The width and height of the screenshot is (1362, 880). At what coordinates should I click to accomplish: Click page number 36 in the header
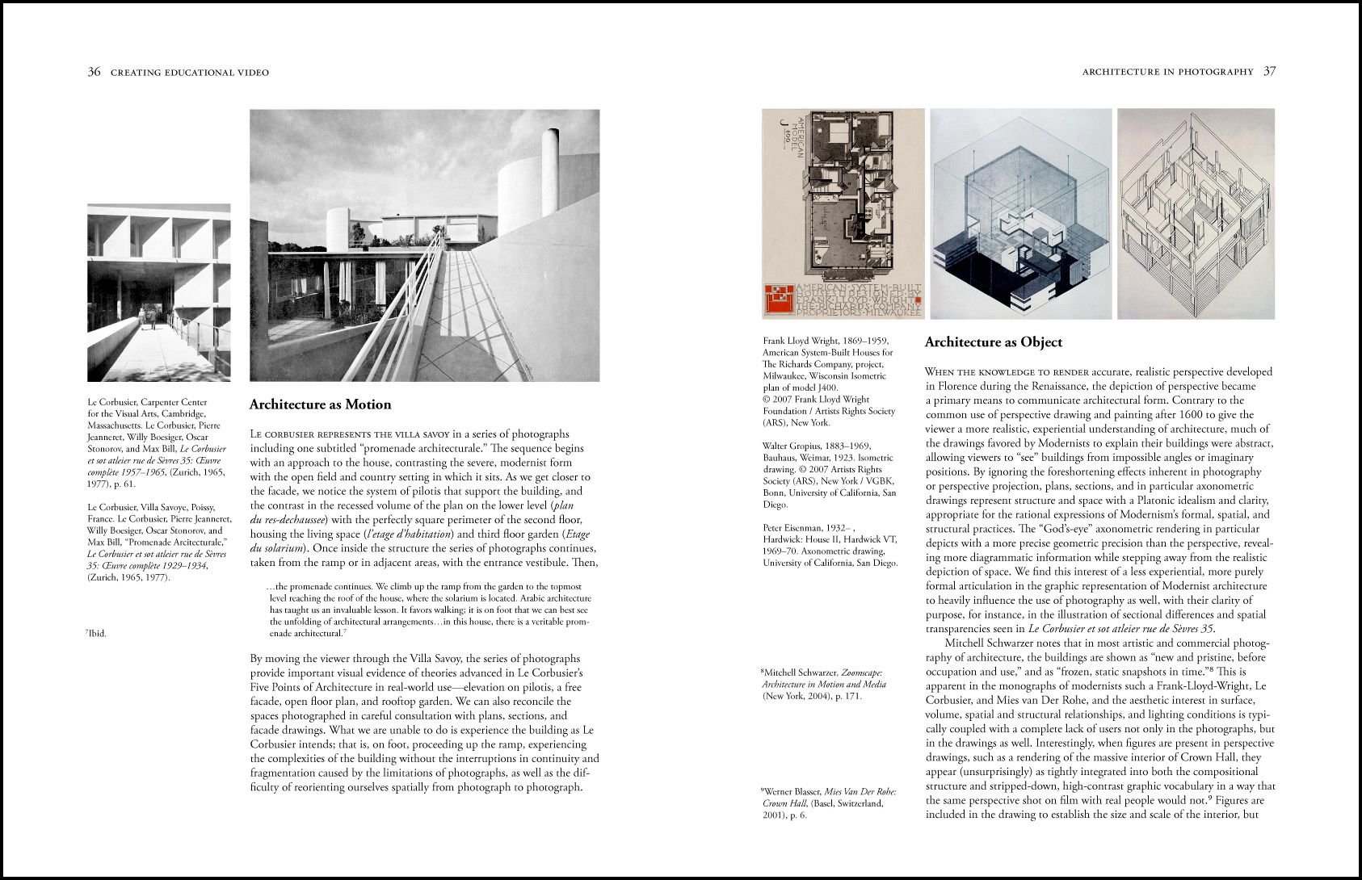pyautogui.click(x=94, y=72)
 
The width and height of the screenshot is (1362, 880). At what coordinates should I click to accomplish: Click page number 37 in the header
pyautogui.click(x=1269, y=72)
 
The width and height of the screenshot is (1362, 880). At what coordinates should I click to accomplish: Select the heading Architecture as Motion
pyautogui.click(x=320, y=404)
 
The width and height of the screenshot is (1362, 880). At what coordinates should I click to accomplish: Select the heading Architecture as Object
pyautogui.click(x=993, y=342)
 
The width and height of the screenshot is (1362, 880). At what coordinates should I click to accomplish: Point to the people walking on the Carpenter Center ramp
pyautogui.click(x=147, y=316)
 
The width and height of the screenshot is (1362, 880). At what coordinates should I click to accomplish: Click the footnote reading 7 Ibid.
pyautogui.click(x=96, y=634)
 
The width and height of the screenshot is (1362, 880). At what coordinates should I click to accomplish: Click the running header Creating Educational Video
pyautogui.click(x=190, y=73)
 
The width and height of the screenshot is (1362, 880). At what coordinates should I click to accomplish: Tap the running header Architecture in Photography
pyautogui.click(x=1167, y=73)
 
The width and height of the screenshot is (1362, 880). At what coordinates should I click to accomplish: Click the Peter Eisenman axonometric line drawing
pyautogui.click(x=1196, y=214)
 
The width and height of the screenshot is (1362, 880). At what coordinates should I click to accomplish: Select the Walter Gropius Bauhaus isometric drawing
pyautogui.click(x=1020, y=214)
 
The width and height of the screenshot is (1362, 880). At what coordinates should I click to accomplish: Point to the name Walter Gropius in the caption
pyautogui.click(x=792, y=446)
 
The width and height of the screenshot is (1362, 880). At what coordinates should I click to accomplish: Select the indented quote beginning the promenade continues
pyautogui.click(x=429, y=610)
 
